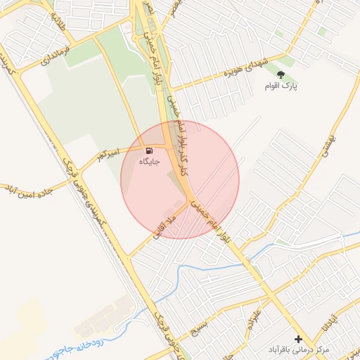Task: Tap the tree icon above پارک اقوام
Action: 281,73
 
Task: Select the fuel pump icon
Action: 149,150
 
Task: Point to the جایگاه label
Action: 149,162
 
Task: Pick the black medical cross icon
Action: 298,339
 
